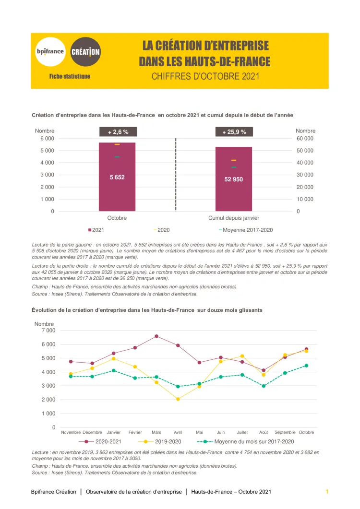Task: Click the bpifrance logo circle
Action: [50, 51]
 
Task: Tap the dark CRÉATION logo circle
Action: [85, 51]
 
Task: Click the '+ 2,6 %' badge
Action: [118, 131]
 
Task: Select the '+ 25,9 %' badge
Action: [234, 131]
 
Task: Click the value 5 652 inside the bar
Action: [117, 177]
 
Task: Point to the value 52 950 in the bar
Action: [234, 179]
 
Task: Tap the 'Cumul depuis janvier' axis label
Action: [234, 218]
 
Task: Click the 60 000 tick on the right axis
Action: [305, 139]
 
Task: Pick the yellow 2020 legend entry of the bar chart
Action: [162, 230]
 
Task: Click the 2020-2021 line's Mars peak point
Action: [156, 336]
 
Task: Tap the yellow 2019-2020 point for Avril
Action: [178, 399]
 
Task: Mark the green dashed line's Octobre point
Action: [307, 366]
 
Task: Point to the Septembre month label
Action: [285, 432]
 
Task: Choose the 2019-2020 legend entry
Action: [164, 441]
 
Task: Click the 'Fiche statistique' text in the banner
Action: [70, 76]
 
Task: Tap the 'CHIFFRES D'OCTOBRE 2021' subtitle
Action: [205, 76]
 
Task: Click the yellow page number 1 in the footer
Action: [327, 492]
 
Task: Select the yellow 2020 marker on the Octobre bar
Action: [117, 144]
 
